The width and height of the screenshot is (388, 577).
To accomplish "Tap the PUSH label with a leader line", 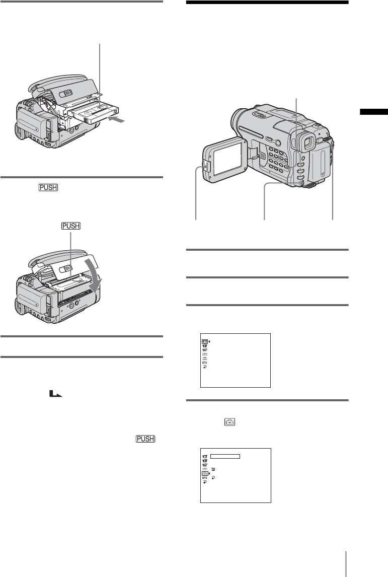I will pos(70,227).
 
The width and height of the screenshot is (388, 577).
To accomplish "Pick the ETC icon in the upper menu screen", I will pos(205,362).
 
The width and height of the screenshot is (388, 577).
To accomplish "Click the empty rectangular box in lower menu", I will pos(225,456).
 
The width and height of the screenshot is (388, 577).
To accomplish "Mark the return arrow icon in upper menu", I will pos(205,367).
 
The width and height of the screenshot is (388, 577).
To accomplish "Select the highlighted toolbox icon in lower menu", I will pos(205,473).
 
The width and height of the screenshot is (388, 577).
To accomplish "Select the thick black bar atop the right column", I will pos(267,3).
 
